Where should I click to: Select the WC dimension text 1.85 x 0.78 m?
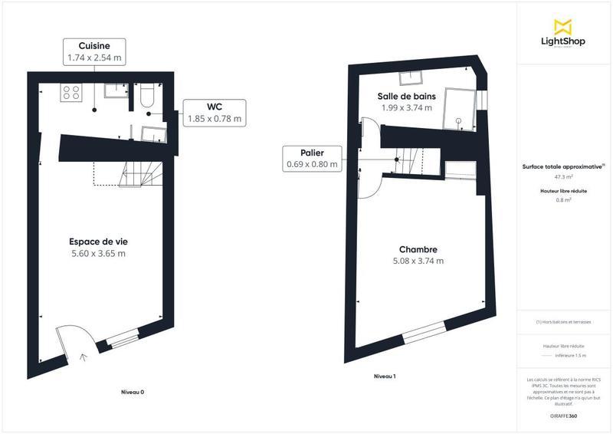coord(215,119)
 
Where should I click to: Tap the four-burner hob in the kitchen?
coord(72,93)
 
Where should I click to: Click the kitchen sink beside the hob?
coord(116,90)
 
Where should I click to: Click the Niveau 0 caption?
coord(133,392)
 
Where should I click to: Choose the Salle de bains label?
coord(406,96)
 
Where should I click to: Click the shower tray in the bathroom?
coord(458,107)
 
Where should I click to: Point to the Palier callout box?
coord(311,158)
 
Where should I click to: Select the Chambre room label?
coord(418,249)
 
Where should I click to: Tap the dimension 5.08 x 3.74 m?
coord(418,261)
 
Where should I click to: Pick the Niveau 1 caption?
coord(384,376)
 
